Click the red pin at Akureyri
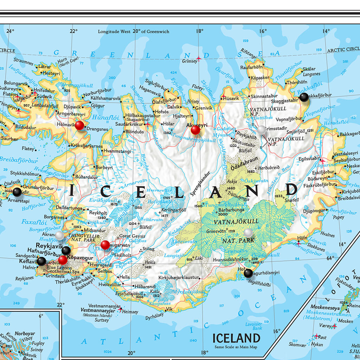195,130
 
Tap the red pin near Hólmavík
80,126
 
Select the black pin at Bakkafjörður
304,97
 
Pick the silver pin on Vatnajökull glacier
248,233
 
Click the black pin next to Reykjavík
66,250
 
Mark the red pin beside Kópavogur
63,260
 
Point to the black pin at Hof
248,273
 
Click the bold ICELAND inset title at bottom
236,338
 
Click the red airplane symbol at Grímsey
199,58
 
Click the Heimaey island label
130,312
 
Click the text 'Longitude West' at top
114,31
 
